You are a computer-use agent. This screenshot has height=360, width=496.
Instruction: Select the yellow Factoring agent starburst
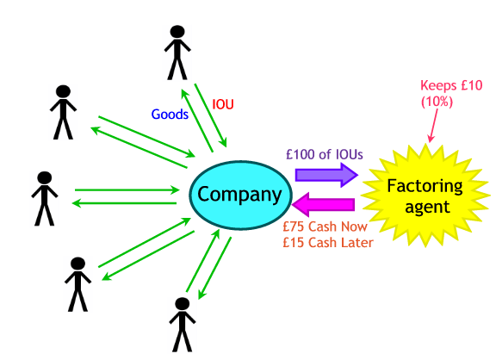(424, 196)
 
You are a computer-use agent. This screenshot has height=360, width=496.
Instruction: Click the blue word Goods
(170, 114)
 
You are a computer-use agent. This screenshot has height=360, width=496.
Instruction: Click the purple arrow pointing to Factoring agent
(326, 175)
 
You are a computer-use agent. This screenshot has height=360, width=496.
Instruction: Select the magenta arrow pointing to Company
(325, 207)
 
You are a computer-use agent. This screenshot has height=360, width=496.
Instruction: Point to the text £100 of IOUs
(325, 155)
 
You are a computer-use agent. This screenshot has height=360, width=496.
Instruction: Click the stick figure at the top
(177, 51)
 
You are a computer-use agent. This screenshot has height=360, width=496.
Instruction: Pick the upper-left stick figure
(63, 111)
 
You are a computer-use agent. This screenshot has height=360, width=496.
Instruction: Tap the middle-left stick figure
(44, 198)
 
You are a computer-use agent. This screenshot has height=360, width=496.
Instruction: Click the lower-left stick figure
(77, 283)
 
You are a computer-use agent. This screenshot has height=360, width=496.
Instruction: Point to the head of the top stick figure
(177, 32)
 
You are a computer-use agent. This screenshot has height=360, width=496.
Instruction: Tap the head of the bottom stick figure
(181, 304)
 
